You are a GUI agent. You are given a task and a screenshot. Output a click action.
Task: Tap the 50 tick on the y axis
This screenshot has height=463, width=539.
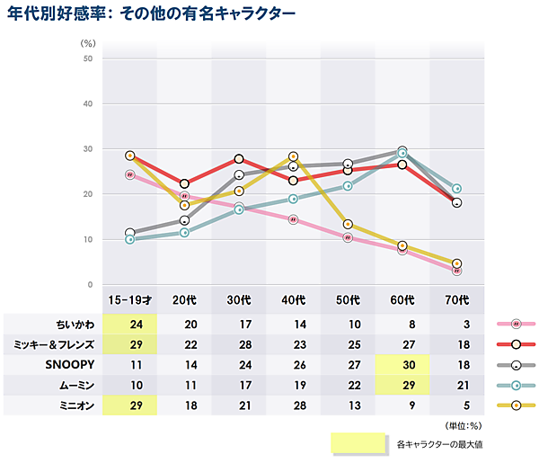87,59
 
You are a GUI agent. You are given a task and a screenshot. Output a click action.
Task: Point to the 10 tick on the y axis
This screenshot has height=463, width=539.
87,240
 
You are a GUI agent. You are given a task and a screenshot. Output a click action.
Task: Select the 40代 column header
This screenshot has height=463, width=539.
294,299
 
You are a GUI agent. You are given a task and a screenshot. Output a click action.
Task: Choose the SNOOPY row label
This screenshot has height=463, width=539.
69,365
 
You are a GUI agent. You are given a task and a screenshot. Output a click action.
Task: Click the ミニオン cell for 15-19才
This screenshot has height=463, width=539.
130,406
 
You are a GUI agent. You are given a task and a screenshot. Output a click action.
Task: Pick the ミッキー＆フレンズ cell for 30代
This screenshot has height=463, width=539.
239,344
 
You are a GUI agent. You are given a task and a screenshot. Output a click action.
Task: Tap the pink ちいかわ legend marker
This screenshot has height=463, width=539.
517,324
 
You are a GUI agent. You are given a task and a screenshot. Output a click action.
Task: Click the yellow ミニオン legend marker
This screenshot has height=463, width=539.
517,406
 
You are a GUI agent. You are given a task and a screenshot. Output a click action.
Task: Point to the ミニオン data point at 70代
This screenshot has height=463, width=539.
457,263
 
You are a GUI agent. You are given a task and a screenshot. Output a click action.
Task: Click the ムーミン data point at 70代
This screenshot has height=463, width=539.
457,189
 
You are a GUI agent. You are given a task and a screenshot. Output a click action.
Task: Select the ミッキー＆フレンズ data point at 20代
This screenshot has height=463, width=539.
185,183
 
